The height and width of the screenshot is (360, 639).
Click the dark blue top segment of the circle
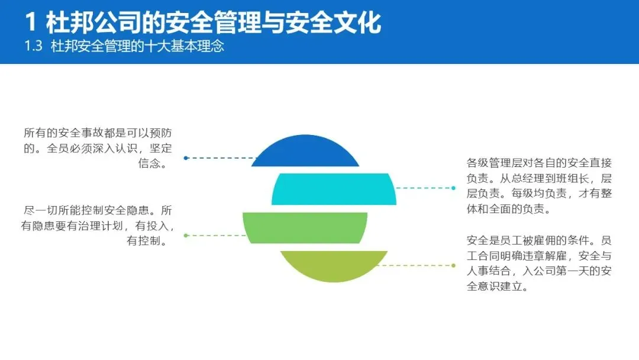pyautogui.click(x=305, y=152)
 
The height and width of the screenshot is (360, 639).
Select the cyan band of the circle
pyautogui.click(x=334, y=189)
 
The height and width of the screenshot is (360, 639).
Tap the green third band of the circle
pyautogui.click(x=305, y=227)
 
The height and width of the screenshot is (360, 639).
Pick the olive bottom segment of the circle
pyautogui.click(x=334, y=264)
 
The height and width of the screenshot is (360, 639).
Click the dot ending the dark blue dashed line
pyautogui.click(x=186, y=158)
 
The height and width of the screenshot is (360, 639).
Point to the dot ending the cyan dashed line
pyautogui.click(x=453, y=188)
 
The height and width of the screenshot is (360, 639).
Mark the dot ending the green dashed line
pyautogui.click(x=186, y=235)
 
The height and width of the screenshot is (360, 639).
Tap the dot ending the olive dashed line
pyautogui.click(x=453, y=265)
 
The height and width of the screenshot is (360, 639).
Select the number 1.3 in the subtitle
pyautogui.click(x=33, y=46)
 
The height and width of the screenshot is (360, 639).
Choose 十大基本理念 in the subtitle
pyautogui.click(x=189, y=46)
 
